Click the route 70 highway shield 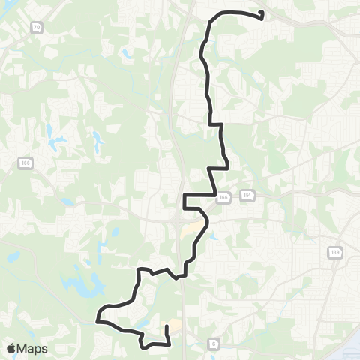[x=37, y=26]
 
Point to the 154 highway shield [x=246, y=195]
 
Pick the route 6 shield [x=214, y=343]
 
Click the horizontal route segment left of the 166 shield [x=199, y=195]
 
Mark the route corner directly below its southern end [x=168, y=344]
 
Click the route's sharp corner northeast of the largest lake [x=139, y=268]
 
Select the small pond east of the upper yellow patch [x=214, y=237]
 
